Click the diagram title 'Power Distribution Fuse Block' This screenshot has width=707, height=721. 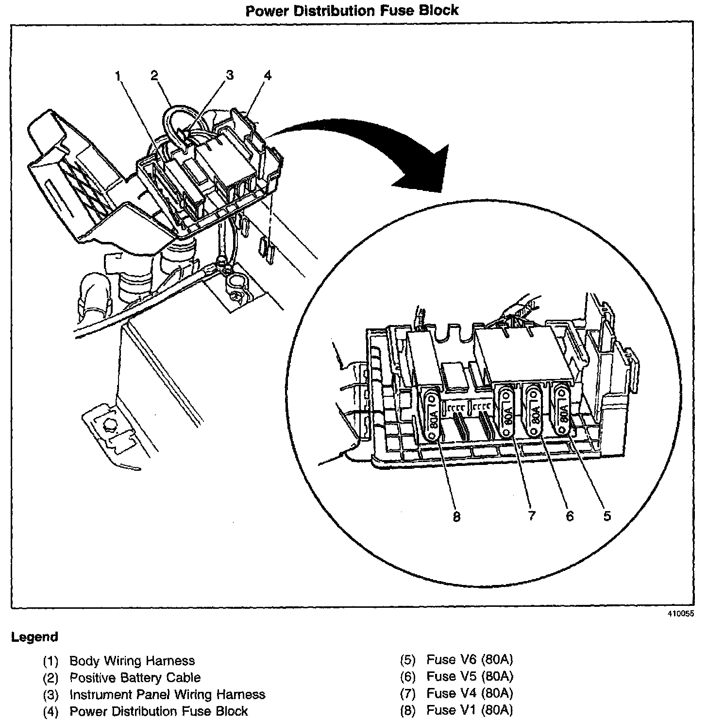[x=352, y=10]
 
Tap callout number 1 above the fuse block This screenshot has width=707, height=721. [x=118, y=75]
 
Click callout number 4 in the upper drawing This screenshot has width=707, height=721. [x=267, y=75]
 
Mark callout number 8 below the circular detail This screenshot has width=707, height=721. [x=456, y=516]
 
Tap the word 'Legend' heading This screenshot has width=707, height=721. [x=34, y=637]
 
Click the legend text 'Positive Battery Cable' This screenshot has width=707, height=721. [x=135, y=677]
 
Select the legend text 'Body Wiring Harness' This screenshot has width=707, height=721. [x=132, y=661]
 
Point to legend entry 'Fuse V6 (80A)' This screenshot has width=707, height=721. [x=470, y=659]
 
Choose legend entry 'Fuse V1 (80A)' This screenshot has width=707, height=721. [x=470, y=710]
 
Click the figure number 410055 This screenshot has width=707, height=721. [x=680, y=613]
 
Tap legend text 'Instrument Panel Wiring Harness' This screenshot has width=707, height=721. [x=168, y=694]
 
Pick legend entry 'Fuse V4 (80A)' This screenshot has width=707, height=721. [x=470, y=693]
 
